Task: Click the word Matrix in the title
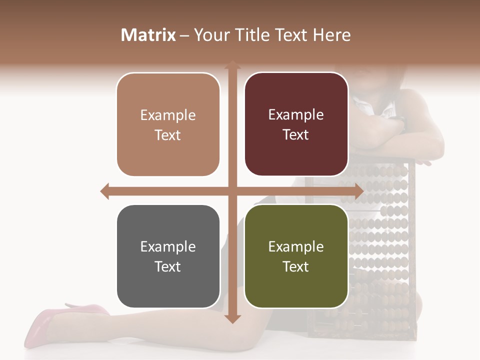(148, 35)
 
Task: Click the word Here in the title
(331, 35)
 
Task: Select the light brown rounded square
(168, 124)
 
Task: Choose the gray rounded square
(168, 256)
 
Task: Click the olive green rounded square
(296, 256)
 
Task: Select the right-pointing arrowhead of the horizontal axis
(358, 191)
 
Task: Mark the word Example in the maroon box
(296, 114)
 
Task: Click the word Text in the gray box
(167, 266)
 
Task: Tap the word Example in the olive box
(296, 246)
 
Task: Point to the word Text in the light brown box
(167, 135)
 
